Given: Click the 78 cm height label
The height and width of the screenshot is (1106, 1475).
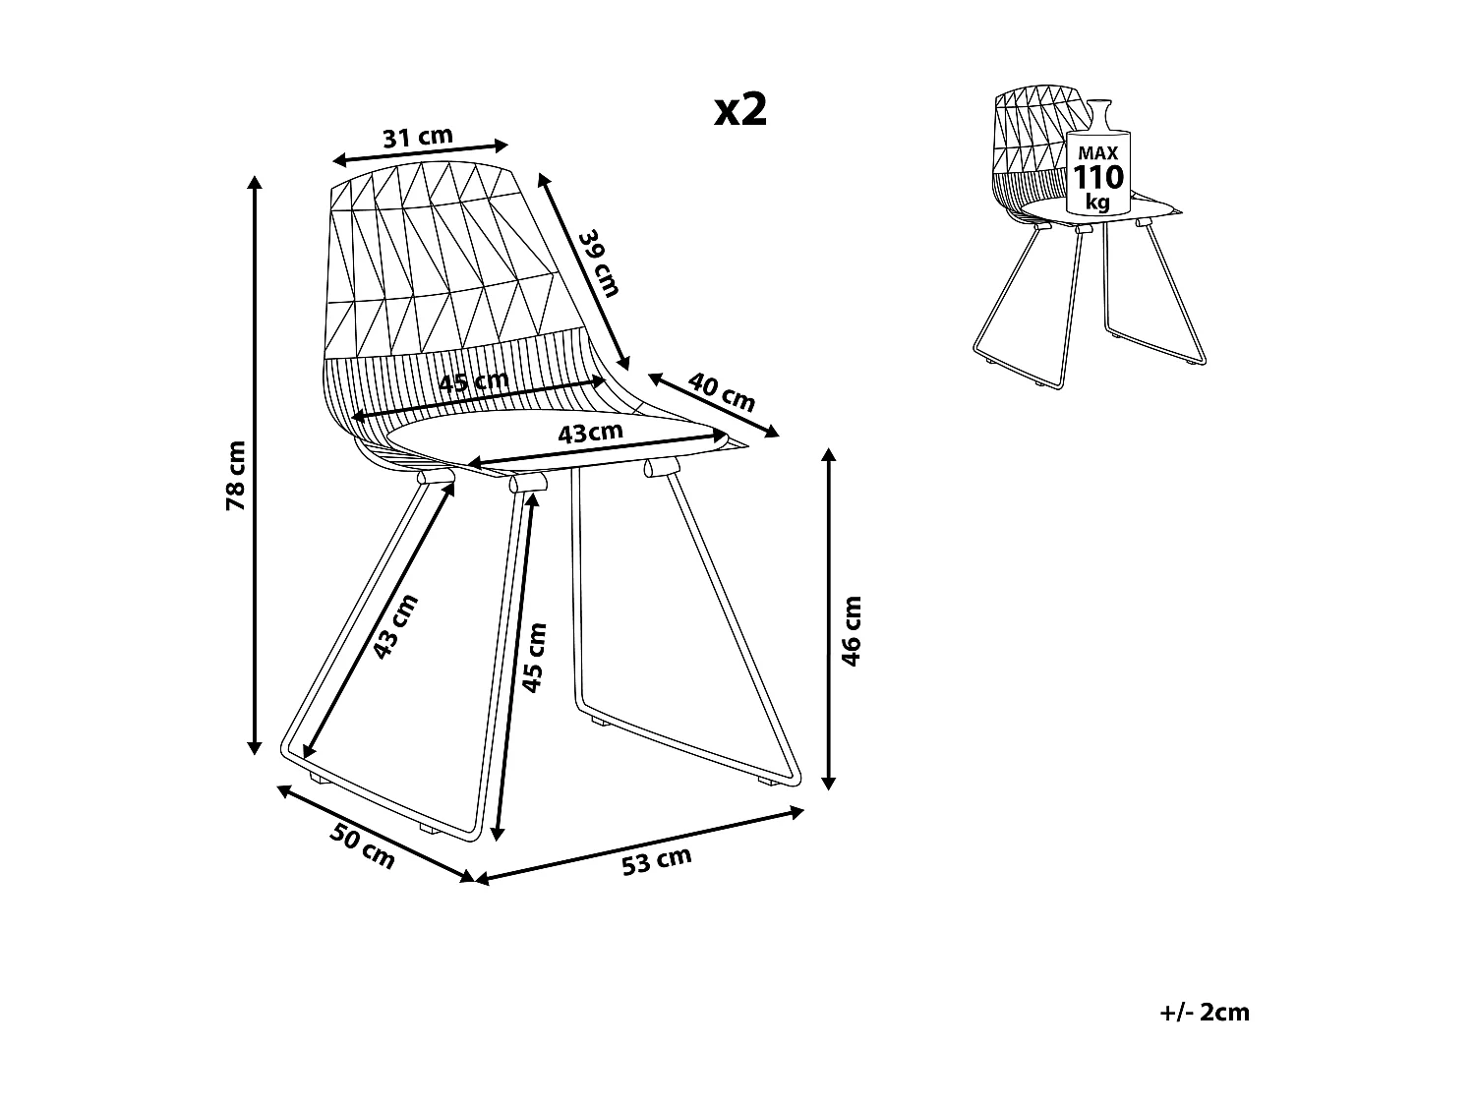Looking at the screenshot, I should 236,475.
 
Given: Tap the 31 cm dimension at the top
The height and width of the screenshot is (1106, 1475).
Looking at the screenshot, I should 418,137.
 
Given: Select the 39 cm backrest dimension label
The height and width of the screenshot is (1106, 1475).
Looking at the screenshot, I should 599,262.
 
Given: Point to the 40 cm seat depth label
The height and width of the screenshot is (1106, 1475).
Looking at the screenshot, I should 722,391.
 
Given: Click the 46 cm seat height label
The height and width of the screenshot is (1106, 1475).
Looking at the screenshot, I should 852,630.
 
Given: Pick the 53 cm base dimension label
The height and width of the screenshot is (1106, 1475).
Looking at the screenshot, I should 657,861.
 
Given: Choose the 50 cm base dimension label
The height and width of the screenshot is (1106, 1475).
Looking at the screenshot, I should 362,846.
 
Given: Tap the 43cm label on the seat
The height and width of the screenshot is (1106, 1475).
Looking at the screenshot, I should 590,432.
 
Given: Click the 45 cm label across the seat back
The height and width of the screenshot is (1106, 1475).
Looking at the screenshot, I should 474,381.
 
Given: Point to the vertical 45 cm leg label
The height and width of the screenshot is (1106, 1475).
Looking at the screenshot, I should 534,657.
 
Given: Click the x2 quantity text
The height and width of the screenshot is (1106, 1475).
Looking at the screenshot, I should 739,110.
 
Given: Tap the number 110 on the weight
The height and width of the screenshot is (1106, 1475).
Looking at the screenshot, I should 1097,178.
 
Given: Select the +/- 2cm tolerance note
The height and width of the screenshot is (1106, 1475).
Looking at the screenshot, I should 1205,1012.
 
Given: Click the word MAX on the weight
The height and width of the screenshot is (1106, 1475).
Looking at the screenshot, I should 1097,153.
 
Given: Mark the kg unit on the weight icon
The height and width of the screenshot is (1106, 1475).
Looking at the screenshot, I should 1097,202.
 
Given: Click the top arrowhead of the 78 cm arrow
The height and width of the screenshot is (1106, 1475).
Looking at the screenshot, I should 256,182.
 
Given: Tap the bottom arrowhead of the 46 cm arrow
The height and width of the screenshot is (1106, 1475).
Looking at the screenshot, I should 829,784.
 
